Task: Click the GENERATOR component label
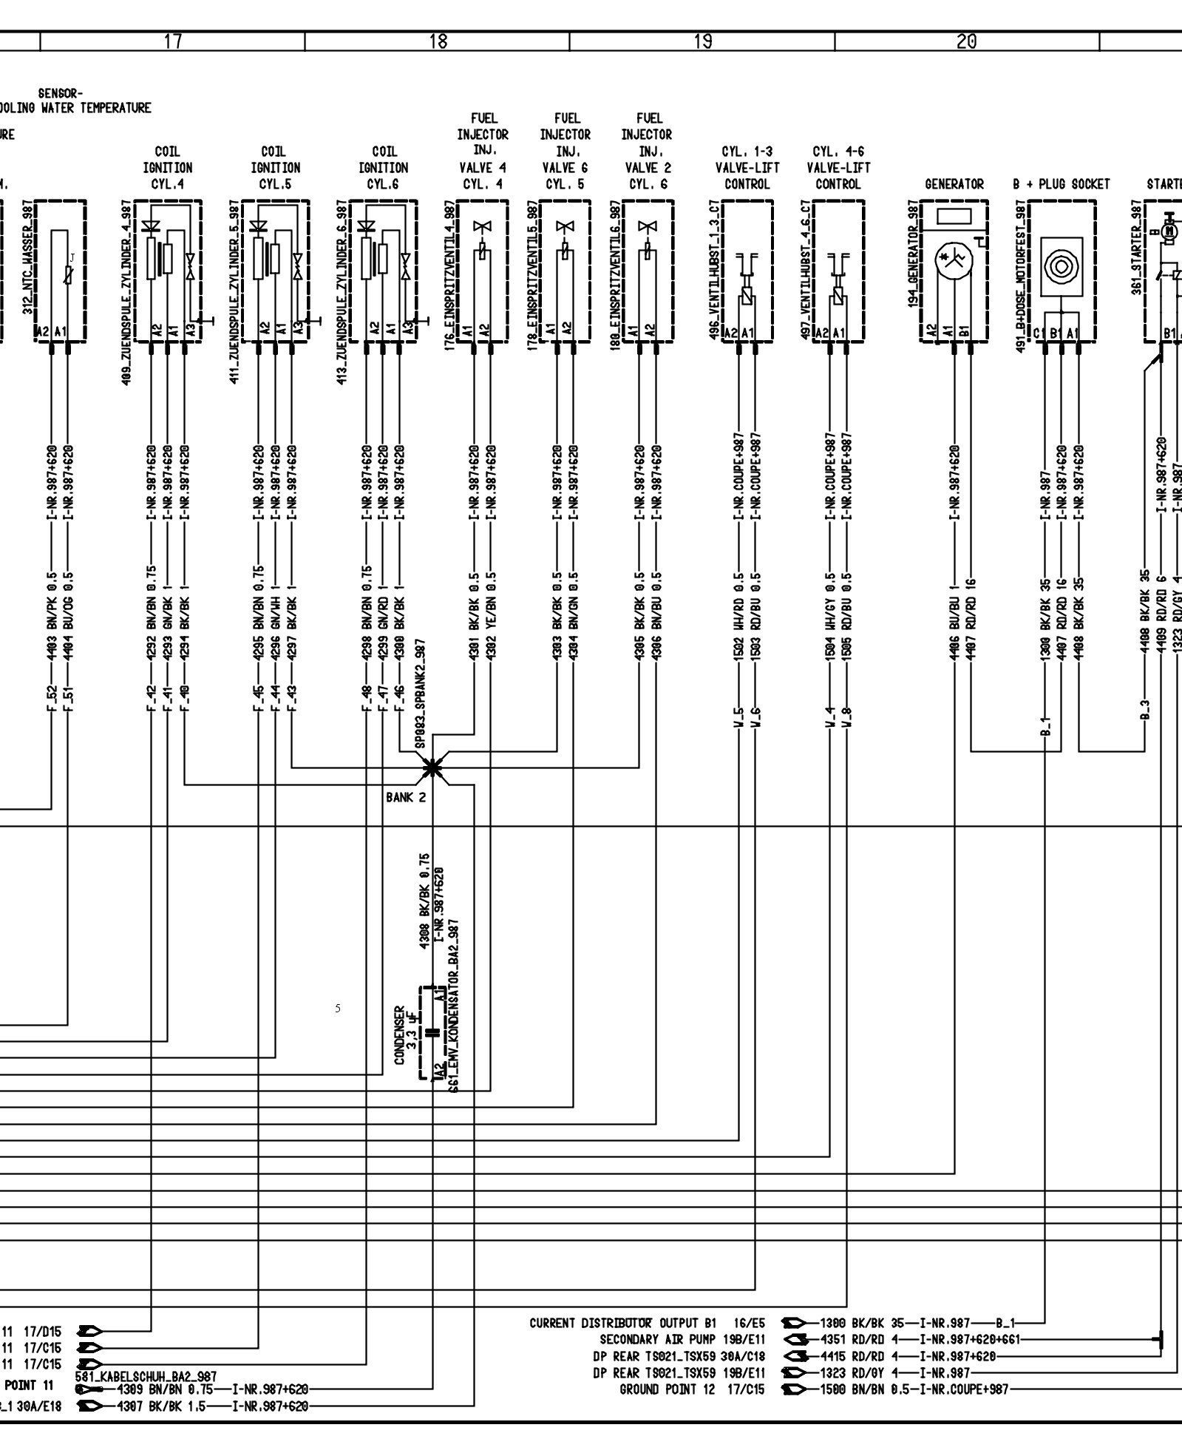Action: click(x=954, y=184)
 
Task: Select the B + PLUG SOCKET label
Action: click(x=1062, y=184)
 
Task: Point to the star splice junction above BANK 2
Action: click(x=432, y=768)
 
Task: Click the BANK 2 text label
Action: click(x=405, y=798)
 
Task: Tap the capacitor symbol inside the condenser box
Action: click(x=429, y=1033)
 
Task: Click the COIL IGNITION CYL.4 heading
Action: click(x=168, y=168)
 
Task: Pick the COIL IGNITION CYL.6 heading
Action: click(x=384, y=168)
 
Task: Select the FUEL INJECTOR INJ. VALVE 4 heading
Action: click(x=483, y=152)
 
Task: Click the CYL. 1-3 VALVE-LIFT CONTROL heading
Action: click(x=747, y=168)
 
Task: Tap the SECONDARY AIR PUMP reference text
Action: click(x=682, y=1339)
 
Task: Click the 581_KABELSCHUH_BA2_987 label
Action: click(x=146, y=1376)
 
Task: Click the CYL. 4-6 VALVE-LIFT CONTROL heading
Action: click(x=838, y=168)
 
